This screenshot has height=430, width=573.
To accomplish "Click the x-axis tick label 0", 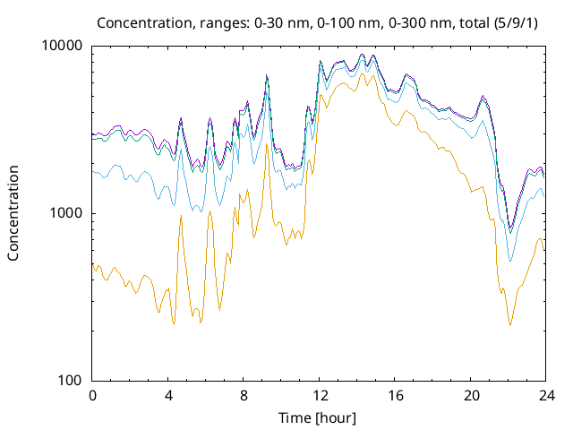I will tap(92, 395).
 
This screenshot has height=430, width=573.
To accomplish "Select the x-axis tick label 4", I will tap(168, 395).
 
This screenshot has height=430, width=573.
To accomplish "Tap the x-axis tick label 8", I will tap(244, 395).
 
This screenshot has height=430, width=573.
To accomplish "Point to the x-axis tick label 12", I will tap(320, 395).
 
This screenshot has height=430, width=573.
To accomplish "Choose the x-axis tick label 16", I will tap(395, 395).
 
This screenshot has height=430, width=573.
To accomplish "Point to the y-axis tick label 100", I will tap(70, 381).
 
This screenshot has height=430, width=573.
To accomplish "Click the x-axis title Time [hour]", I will tap(320, 417).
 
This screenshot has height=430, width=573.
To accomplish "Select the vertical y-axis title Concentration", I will tap(13, 213).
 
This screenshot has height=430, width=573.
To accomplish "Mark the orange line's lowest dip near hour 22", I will tap(510, 324).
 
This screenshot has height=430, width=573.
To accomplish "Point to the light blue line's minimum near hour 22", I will tap(510, 262).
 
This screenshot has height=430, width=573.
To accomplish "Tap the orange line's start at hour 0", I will tap(93, 265).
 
